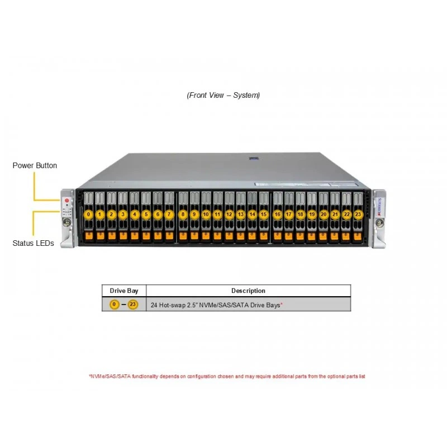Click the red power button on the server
[x=67, y=201]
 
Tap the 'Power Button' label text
[x=35, y=165]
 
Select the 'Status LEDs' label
[x=34, y=243]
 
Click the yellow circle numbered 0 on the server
[x=88, y=215]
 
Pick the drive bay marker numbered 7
[x=169, y=215]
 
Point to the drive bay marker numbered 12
[x=229, y=215]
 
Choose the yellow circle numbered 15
[x=264, y=215]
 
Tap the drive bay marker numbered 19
[x=312, y=215]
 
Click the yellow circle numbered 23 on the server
[x=358, y=215]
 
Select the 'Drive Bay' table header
[x=124, y=291]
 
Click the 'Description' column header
[x=248, y=291]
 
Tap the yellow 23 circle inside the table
[x=132, y=305]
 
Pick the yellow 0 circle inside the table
[x=115, y=305]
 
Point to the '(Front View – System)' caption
[x=223, y=95]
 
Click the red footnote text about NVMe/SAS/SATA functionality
[x=227, y=376]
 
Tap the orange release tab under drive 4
[x=135, y=236]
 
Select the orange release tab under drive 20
[x=323, y=236]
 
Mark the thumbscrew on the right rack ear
[x=379, y=222]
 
